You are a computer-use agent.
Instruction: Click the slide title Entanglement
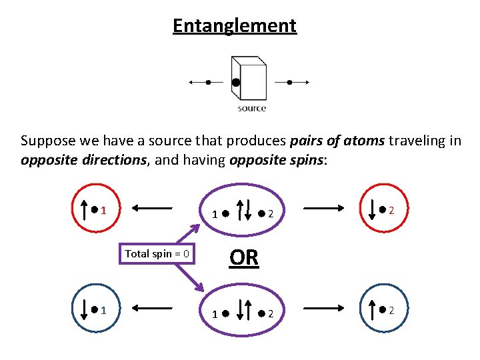[x=234, y=26]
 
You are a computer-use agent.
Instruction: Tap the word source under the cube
[x=251, y=108]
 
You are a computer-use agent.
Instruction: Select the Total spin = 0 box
[x=157, y=253]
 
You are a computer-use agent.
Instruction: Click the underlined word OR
[x=243, y=257]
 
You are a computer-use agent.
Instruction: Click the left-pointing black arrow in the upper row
[x=153, y=208]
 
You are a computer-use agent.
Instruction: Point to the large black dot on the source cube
[x=235, y=83]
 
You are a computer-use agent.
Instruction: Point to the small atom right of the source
[x=289, y=82]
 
